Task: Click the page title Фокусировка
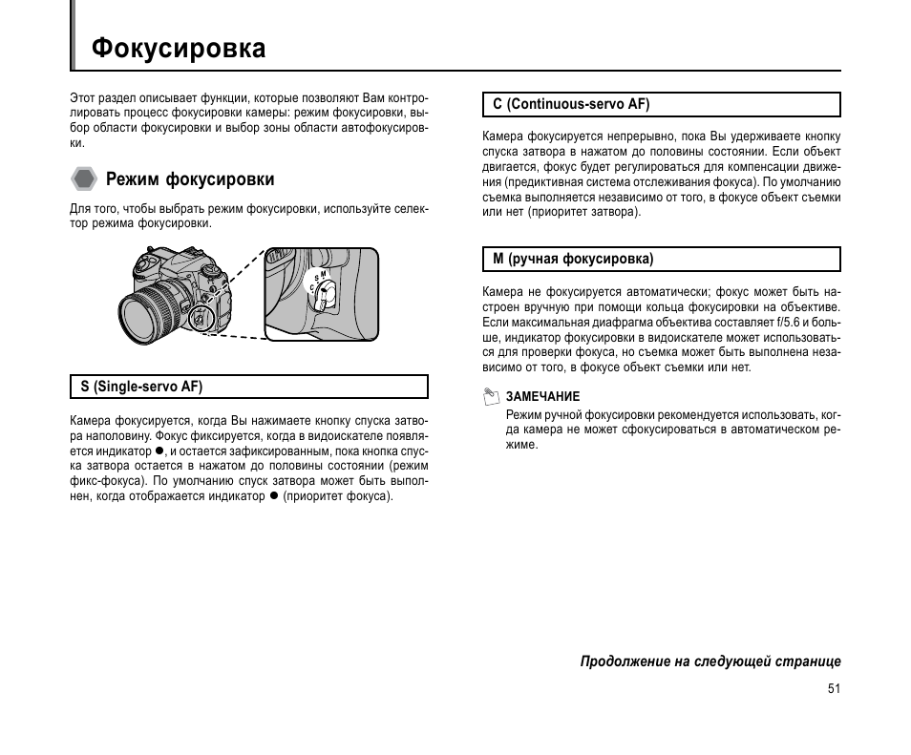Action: tap(179, 49)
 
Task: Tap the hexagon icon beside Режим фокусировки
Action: tap(84, 178)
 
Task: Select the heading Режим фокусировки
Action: tap(190, 179)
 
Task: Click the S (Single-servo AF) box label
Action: tap(141, 387)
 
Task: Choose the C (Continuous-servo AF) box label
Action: tap(571, 104)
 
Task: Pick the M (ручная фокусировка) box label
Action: tap(573, 259)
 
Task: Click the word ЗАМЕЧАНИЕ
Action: tap(542, 397)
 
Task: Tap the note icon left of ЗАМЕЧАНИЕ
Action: tap(491, 395)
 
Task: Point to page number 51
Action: tap(834, 689)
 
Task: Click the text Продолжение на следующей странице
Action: tap(710, 661)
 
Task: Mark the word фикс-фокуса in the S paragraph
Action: tap(102, 481)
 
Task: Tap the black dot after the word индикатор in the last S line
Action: tap(273, 495)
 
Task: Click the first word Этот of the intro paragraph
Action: tap(82, 97)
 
